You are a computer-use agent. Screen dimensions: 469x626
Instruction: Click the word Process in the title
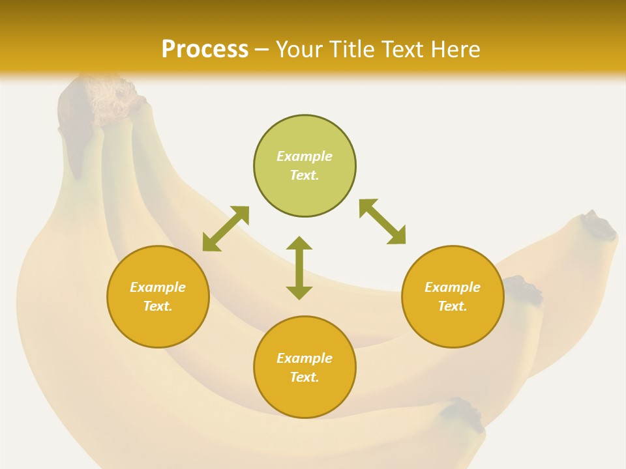(205, 50)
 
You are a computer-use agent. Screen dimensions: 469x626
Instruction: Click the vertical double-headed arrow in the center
(299, 268)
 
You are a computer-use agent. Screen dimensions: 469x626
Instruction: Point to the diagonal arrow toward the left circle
(226, 229)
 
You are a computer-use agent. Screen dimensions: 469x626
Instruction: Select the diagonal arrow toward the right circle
(382, 221)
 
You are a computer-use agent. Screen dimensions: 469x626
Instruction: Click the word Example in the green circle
(305, 156)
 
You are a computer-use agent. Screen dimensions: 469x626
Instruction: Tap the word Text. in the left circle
(158, 306)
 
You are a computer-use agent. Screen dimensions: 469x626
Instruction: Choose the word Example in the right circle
(453, 287)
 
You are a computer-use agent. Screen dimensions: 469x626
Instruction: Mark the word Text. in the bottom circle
(305, 377)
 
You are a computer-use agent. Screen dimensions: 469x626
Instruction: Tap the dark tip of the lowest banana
(468, 414)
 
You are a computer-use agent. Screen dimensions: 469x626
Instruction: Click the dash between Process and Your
(262, 50)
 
